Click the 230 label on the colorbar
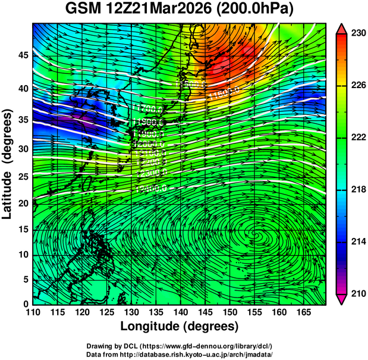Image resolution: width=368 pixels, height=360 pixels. point(357,34)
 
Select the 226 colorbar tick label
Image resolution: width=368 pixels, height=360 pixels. point(357,86)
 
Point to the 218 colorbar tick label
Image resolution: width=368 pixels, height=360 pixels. point(357,189)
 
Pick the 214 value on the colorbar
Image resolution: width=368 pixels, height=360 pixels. point(357,241)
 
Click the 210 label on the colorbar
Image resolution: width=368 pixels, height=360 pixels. point(357,293)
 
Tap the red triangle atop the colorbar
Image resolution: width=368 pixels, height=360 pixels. point(342,29)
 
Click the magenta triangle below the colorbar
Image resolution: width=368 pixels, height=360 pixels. point(342,299)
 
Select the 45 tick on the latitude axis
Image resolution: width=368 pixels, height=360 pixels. point(22,55)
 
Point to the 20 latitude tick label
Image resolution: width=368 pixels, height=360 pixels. point(22,204)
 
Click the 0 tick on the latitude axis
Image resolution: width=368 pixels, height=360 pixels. point(25,303)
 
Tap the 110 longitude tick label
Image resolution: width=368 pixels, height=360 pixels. point(33,312)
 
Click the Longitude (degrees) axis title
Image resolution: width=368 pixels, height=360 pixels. point(180,326)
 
